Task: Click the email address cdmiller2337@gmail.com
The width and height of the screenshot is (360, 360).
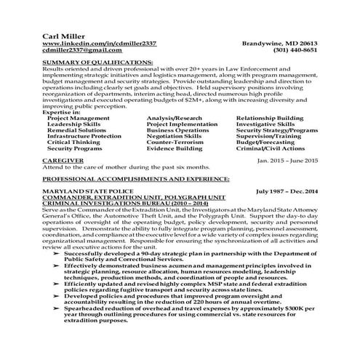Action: click(81, 50)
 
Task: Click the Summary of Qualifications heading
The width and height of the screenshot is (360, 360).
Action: click(97, 63)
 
